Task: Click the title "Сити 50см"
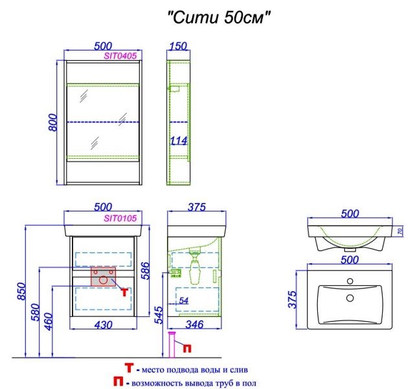coord(219,18)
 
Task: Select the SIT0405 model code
coord(120,56)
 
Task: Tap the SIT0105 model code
coord(120,218)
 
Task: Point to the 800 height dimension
coord(52,122)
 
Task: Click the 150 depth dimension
coord(178,46)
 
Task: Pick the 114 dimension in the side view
coord(179,141)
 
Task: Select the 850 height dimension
coord(21,291)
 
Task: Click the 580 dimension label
coord(35,312)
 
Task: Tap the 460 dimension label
coord(49,322)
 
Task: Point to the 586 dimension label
coord(146,270)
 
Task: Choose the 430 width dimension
coord(103,325)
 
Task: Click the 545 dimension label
coord(159,315)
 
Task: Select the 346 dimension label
coord(194,325)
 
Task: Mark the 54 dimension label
coord(184,300)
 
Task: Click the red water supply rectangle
coord(103,277)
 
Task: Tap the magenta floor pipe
coord(172,344)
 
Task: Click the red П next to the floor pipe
coord(187,348)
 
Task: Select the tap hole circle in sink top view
coord(350,281)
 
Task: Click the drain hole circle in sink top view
coord(350,298)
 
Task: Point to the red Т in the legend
coord(129,368)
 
